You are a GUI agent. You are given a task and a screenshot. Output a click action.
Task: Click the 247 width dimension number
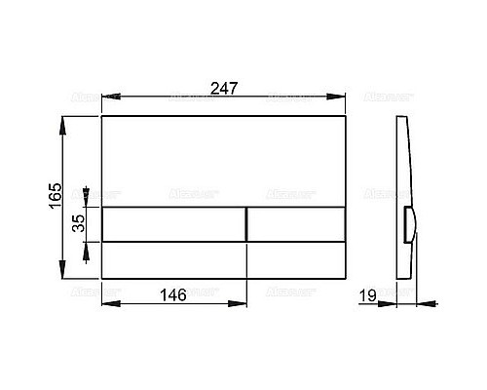(x=224, y=87)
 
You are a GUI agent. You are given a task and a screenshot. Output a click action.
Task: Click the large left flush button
(x=173, y=224)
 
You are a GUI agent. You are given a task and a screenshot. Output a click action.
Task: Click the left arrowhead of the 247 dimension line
(x=107, y=97)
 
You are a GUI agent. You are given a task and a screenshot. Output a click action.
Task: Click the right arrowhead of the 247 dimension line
(x=342, y=97)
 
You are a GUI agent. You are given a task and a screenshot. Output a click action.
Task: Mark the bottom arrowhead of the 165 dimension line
(x=64, y=275)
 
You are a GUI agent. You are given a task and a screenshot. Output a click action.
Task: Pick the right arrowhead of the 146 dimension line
(x=242, y=302)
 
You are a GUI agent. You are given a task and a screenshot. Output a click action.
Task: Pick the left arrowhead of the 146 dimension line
(x=107, y=302)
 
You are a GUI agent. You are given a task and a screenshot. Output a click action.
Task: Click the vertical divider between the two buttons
(x=246, y=224)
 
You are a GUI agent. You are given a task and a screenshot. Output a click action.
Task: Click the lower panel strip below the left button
(x=173, y=259)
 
